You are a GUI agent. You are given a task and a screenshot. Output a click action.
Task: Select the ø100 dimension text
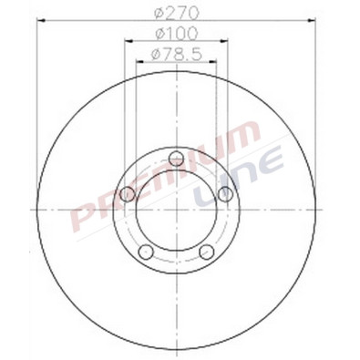[x=176, y=35]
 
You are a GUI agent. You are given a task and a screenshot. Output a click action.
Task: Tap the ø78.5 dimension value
[x=176, y=54]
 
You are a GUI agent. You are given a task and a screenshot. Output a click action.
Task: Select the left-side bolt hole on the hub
[x=129, y=195]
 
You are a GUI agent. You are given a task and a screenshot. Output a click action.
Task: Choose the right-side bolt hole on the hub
[x=225, y=195]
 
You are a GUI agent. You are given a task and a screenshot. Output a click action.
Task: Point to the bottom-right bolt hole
[x=207, y=252]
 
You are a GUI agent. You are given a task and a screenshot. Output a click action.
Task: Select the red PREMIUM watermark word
[x=164, y=173]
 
